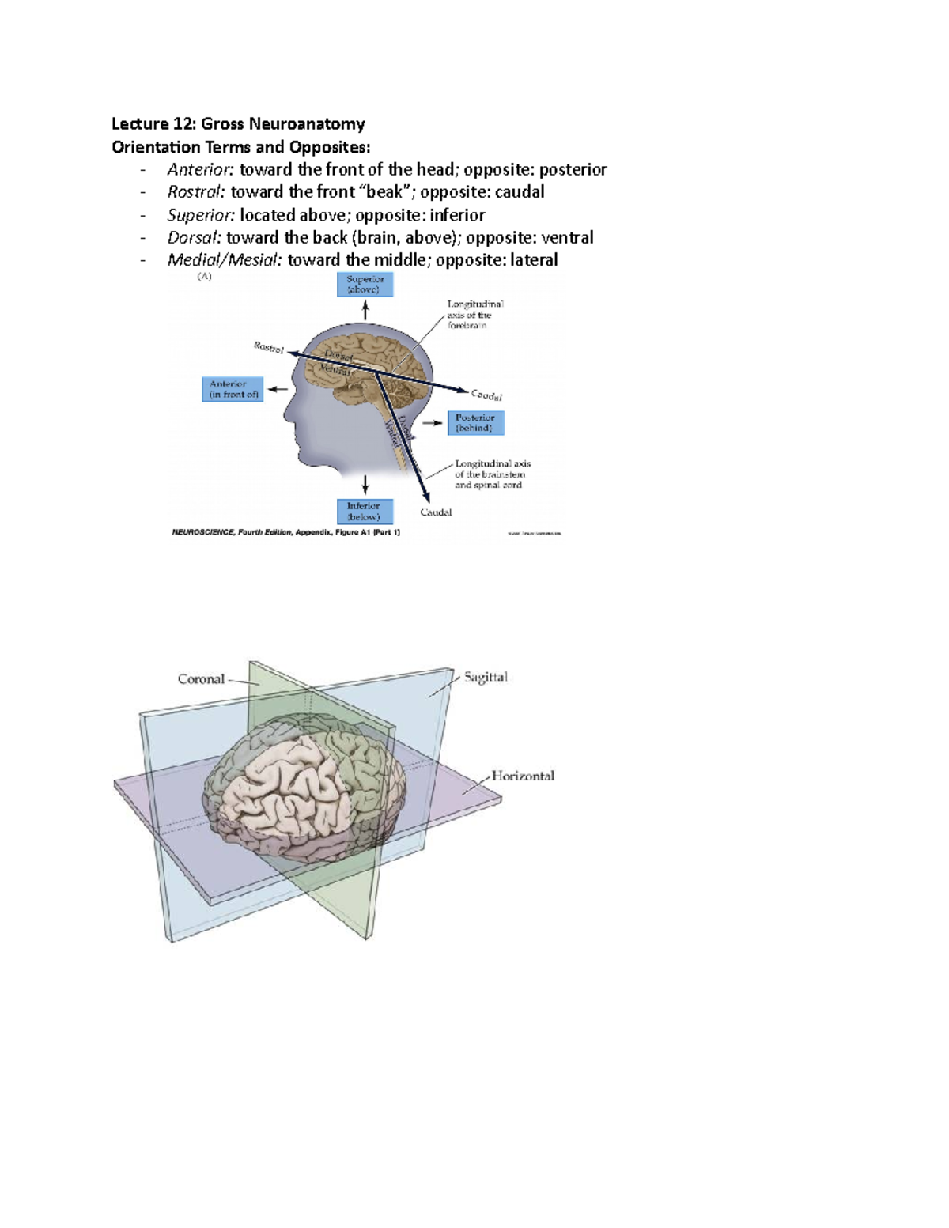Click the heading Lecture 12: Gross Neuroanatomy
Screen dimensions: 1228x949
238,123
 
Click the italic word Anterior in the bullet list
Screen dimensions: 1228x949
200,169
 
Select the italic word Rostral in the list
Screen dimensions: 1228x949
196,191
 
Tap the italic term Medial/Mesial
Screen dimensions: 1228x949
224,259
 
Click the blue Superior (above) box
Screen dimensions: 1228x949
365,285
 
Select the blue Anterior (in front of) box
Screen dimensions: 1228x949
233,389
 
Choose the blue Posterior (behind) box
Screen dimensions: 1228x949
475,422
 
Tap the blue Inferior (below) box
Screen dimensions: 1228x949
364,511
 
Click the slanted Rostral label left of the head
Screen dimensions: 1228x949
269,347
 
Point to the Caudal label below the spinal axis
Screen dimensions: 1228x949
436,512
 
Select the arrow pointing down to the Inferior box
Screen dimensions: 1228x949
365,485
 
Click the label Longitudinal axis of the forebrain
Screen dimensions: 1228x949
475,314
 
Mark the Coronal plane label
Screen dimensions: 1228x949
201,678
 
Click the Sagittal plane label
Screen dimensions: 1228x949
486,677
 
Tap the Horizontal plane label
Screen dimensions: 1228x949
523,776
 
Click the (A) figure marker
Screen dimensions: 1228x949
204,277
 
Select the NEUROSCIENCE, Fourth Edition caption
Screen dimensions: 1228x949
285,533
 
